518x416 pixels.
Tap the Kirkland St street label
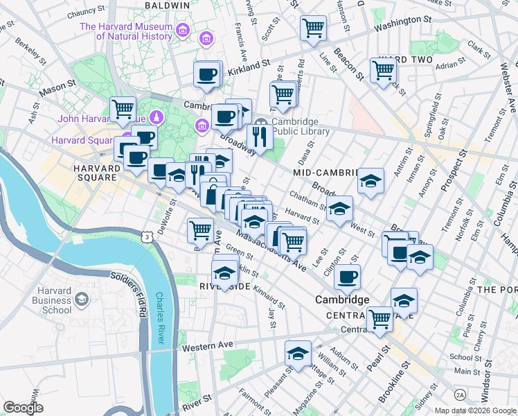click(248, 65)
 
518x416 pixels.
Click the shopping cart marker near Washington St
click(313, 28)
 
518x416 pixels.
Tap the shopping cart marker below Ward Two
click(382, 69)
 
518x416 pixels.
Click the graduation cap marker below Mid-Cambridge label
click(370, 182)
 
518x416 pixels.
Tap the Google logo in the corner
click(24, 408)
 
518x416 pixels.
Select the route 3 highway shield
click(148, 237)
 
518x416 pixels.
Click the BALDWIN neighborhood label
click(167, 5)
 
